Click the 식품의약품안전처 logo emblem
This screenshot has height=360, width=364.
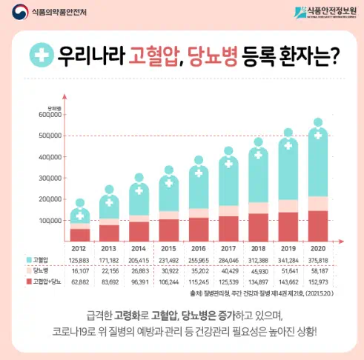point(17,13)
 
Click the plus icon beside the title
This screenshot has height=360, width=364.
point(41,56)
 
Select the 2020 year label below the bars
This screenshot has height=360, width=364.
point(318,248)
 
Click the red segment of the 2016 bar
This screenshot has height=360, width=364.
point(199,230)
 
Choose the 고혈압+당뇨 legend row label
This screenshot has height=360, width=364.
point(46,283)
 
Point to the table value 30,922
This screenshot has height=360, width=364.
point(170,272)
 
